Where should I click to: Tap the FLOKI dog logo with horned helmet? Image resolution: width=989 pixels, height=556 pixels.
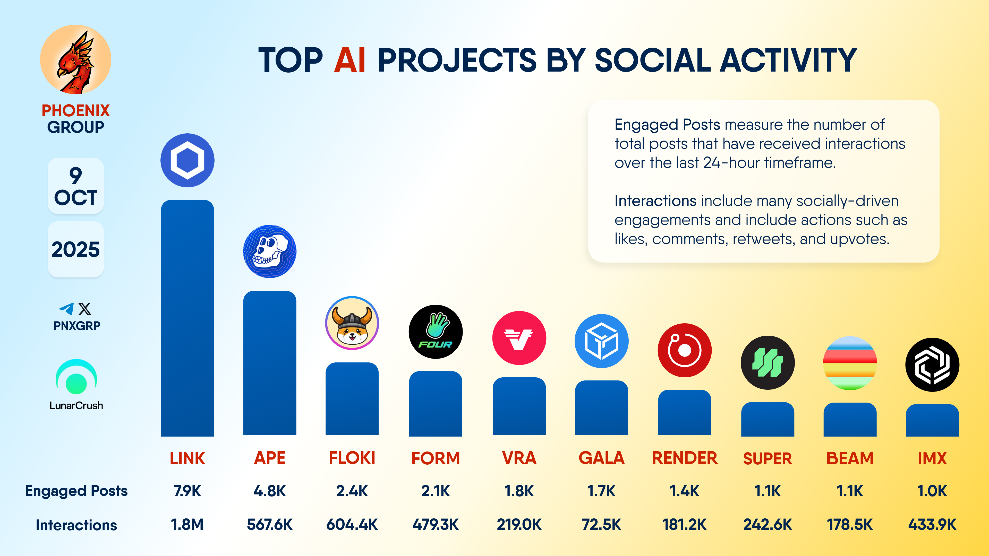pyautogui.click(x=352, y=323)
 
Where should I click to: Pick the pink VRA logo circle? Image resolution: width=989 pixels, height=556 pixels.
pyautogui.click(x=519, y=338)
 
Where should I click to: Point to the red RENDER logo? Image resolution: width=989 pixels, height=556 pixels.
pyautogui.click(x=685, y=350)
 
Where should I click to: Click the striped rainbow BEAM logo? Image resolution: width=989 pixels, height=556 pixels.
pyautogui.click(x=850, y=363)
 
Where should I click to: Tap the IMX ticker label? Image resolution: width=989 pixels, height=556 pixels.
pyautogui.click(x=932, y=458)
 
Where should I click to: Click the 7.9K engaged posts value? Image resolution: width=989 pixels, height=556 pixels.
pyautogui.click(x=187, y=491)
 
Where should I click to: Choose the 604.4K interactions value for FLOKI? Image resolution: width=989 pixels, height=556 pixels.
pyautogui.click(x=352, y=525)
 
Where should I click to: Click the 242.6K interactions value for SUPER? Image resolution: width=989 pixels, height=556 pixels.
pyautogui.click(x=768, y=525)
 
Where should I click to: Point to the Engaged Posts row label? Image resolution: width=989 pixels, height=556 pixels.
pyautogui.click(x=76, y=491)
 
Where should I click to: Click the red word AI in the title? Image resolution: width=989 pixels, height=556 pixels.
pyautogui.click(x=349, y=60)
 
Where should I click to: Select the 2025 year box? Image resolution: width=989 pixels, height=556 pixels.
pyautogui.click(x=76, y=249)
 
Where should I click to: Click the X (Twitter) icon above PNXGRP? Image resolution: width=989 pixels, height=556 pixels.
pyautogui.click(x=85, y=309)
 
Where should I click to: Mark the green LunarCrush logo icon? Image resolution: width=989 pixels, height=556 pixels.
pyautogui.click(x=76, y=377)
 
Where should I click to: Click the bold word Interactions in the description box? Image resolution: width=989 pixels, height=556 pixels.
pyautogui.click(x=655, y=201)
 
